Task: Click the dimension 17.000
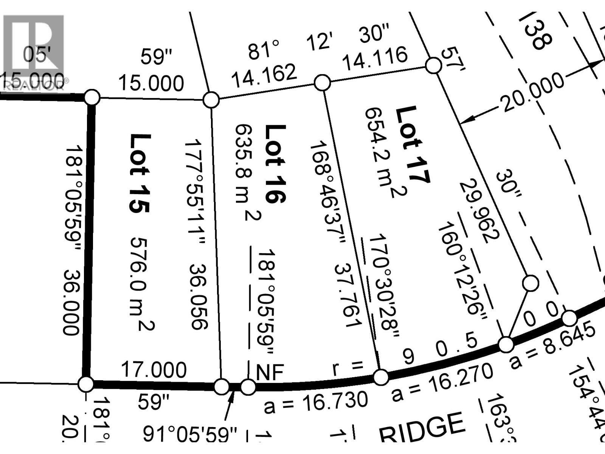[x=154, y=369]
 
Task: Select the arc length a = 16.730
[x=316, y=402]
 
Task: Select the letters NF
[x=270, y=372]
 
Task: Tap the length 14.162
[x=264, y=75]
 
